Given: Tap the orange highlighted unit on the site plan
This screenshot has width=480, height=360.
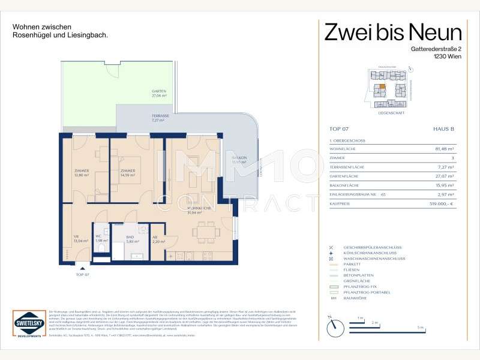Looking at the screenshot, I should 383,86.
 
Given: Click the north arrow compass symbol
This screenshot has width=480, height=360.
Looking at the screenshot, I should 333,326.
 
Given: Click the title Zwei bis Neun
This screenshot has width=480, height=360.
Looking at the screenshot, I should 393,31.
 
